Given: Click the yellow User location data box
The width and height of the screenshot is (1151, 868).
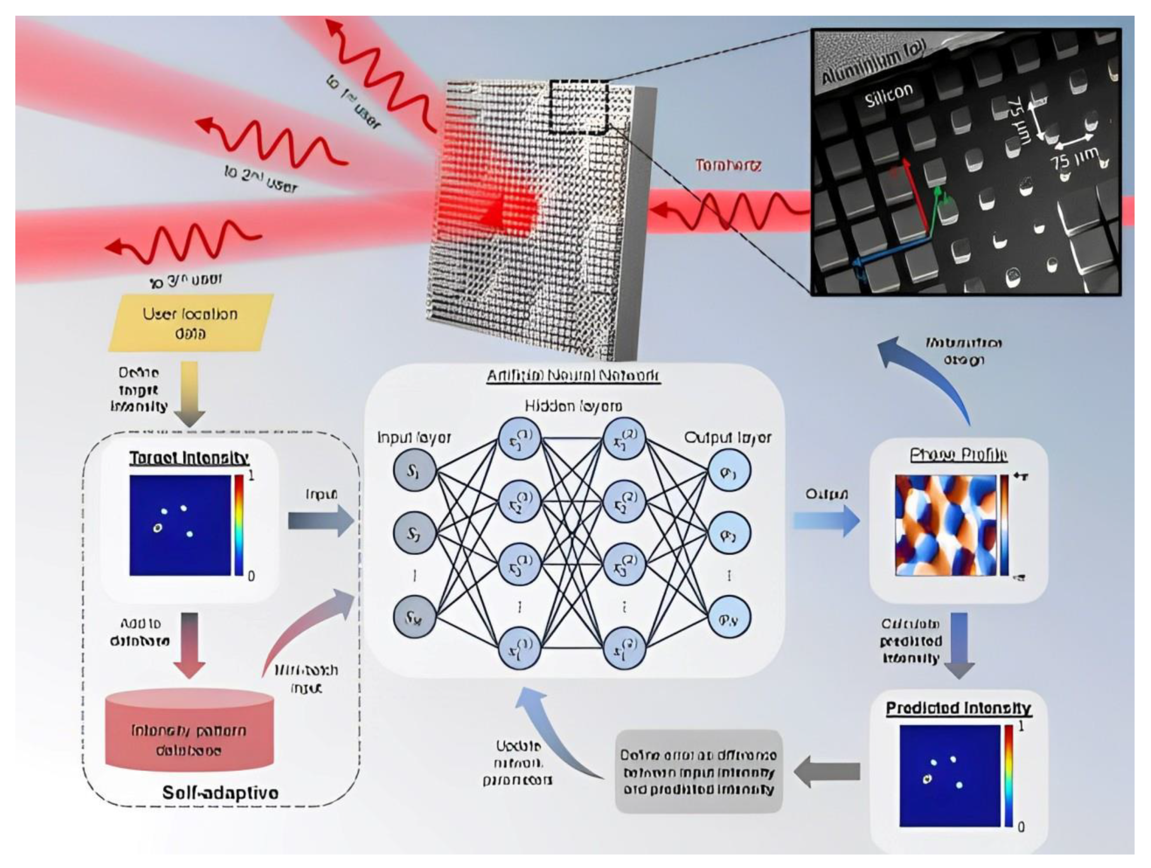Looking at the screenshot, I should pyautogui.click(x=190, y=323).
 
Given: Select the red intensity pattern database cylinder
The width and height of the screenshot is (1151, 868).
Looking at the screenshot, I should pyautogui.click(x=189, y=731).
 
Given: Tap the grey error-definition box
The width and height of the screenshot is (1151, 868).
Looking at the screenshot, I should pyautogui.click(x=699, y=772).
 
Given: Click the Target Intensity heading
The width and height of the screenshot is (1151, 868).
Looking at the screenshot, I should pyautogui.click(x=189, y=458).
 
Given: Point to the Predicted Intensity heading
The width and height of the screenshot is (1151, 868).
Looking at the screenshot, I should pyautogui.click(x=958, y=708).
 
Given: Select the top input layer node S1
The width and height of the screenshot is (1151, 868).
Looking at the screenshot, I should pyautogui.click(x=414, y=471).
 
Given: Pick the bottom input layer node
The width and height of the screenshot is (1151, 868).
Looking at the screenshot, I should pyautogui.click(x=414, y=617).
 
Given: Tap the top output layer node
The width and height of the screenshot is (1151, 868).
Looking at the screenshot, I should pyautogui.click(x=729, y=471).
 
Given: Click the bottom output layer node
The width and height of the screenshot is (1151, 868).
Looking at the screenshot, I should pyautogui.click(x=729, y=618).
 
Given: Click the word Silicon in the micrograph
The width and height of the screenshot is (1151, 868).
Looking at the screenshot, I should pyautogui.click(x=889, y=95).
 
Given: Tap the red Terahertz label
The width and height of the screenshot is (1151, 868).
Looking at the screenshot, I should pyautogui.click(x=729, y=166).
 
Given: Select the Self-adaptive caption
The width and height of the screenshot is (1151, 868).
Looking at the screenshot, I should pyautogui.click(x=220, y=793).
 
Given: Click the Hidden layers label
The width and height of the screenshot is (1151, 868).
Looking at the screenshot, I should pyautogui.click(x=573, y=406).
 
